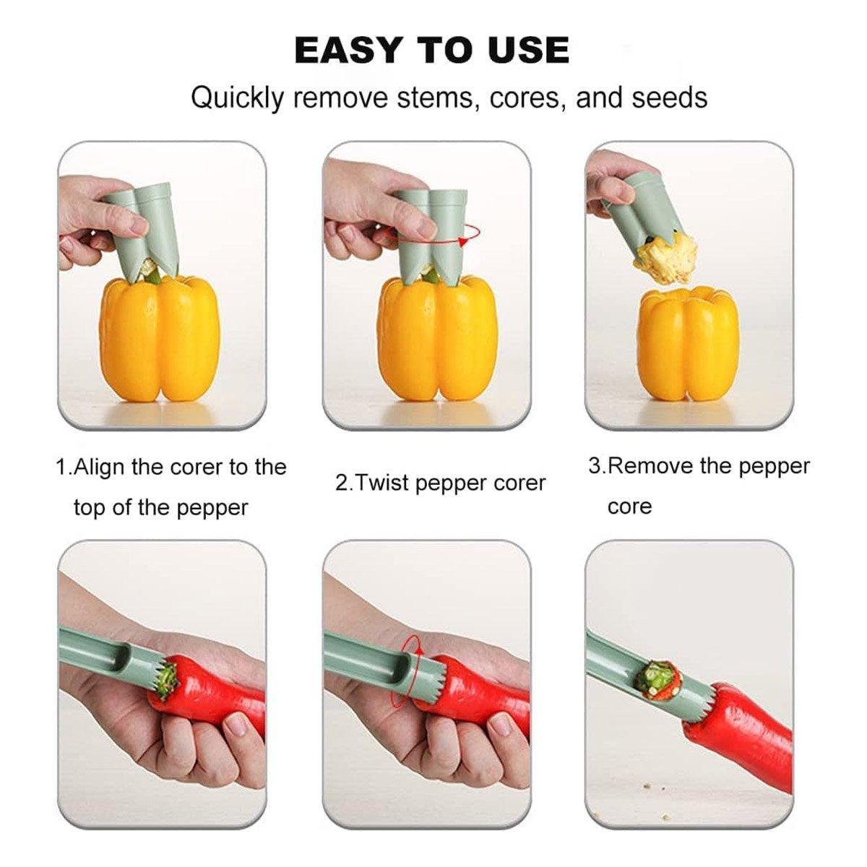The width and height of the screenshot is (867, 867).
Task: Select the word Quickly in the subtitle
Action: coord(238,99)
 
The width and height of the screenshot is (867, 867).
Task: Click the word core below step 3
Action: coord(630,507)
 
